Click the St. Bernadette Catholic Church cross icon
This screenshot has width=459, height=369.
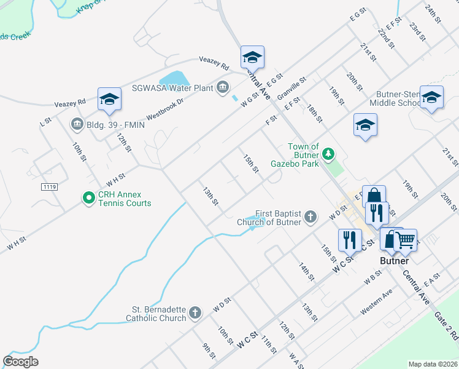click(x=195, y=313)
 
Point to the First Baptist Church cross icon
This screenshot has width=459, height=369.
click(x=311, y=216)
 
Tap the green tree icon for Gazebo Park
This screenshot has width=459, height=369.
click(x=329, y=153)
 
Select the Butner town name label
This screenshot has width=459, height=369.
click(x=393, y=261)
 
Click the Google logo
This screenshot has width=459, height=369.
click(x=20, y=361)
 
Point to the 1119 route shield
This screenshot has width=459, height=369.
click(x=50, y=186)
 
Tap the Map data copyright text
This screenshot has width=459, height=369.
click(x=433, y=364)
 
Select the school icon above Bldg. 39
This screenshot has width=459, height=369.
click(x=109, y=100)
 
